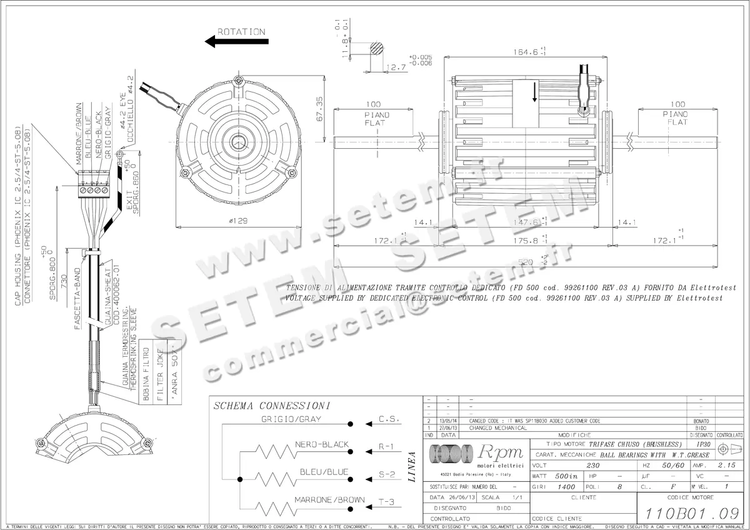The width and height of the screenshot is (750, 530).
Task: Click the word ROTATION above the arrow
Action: (241, 31)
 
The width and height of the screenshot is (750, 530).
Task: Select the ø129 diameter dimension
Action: (238, 221)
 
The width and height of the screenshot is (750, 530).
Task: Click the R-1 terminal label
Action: (386, 447)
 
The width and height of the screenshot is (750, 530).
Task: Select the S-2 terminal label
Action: (386, 475)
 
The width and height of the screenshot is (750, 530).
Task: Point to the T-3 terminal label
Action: (386, 502)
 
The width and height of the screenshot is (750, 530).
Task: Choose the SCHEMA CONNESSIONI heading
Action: (272, 406)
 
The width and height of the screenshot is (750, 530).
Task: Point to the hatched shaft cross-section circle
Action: (377, 49)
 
